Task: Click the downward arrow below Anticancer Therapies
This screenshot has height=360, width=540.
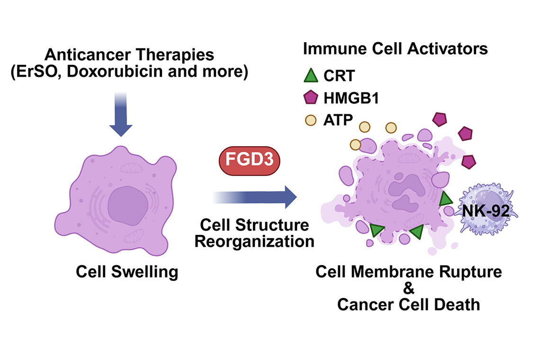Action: point(121,118)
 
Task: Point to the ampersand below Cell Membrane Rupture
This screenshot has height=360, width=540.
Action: point(408,288)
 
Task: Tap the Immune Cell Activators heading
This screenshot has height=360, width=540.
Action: point(395,49)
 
